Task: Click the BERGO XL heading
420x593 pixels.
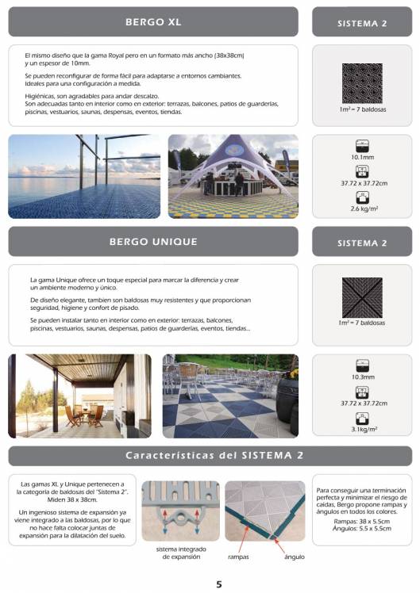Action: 153,22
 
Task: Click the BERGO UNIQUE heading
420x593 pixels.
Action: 153,241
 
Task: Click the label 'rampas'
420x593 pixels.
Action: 239,557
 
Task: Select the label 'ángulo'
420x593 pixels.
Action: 295,557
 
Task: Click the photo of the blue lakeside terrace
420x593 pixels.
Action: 84,176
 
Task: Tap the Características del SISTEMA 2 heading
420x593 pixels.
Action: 210,456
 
